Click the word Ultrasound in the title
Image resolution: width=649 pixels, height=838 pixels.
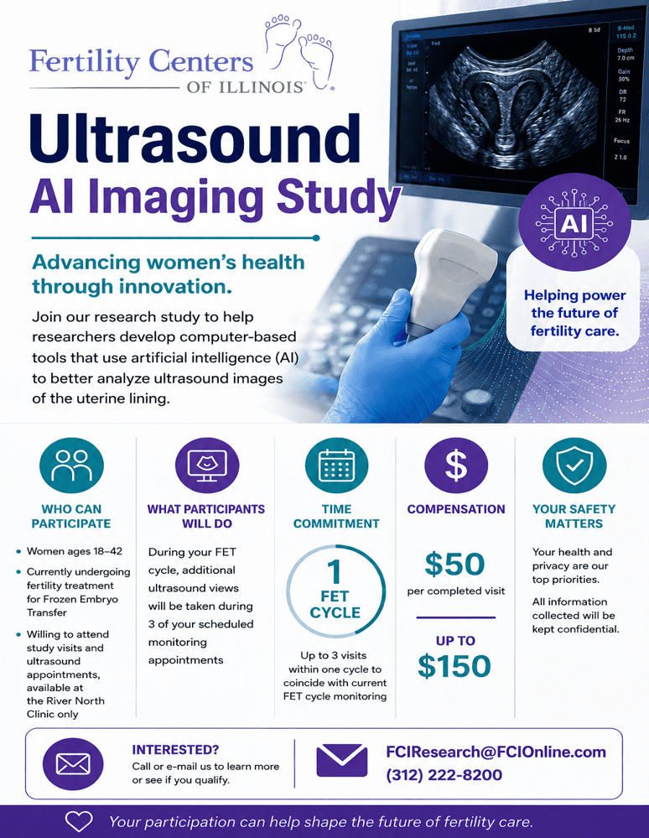(195, 139)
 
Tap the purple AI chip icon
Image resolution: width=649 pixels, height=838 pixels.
(574, 222)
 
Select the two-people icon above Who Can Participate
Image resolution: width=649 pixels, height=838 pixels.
(71, 466)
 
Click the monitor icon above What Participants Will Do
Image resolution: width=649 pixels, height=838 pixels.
(207, 466)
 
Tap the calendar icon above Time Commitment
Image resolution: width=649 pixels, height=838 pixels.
(336, 466)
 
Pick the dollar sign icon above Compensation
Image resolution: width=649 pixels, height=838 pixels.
(456, 466)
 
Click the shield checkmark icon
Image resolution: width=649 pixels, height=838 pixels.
(574, 466)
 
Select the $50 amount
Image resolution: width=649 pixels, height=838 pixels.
(454, 565)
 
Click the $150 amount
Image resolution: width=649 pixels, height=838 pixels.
(454, 666)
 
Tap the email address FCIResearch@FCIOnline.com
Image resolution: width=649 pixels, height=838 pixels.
(496, 752)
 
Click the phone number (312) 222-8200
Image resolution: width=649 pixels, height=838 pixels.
(444, 775)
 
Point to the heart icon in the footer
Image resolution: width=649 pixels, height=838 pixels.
(79, 821)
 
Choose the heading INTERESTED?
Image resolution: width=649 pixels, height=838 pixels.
(175, 750)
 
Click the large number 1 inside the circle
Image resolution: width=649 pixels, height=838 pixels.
(335, 572)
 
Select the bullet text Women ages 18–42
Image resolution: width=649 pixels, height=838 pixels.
(75, 551)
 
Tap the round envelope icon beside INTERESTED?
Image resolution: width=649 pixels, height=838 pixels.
(73, 764)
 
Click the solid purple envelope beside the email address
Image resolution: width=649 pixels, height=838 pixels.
(342, 760)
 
